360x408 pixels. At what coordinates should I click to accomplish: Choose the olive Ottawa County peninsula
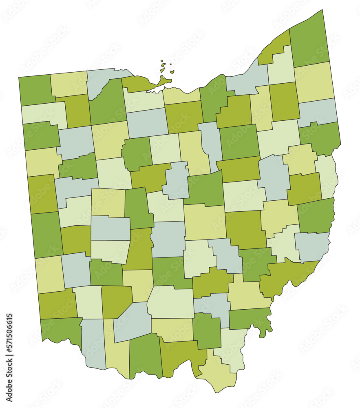pyautogui.click(x=141, y=83)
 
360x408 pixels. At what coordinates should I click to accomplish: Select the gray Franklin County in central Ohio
pyautogui.click(x=168, y=239)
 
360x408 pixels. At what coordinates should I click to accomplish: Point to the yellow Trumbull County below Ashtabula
pyautogui.click(x=314, y=82)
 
